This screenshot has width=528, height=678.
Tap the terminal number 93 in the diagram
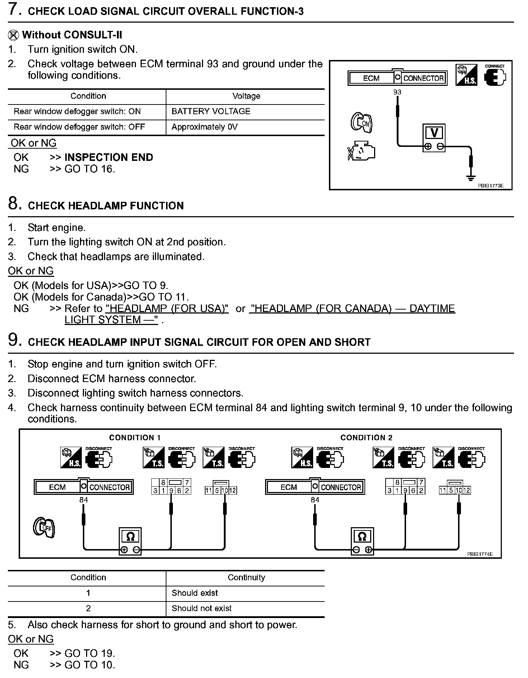pos(397,92)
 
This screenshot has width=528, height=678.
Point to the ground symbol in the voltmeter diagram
pos(471,177)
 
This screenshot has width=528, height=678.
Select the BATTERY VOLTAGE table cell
pos(211,111)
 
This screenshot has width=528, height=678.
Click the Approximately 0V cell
pos(204,127)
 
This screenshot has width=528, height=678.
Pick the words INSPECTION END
pos(109,157)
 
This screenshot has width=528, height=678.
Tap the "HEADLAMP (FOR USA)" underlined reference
pos(167,308)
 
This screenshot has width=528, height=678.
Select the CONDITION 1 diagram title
pos(135,437)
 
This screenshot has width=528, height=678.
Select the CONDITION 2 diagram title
pos(366,437)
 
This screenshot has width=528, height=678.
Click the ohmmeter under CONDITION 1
pos(131,541)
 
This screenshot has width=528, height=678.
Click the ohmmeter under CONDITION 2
pos(362,541)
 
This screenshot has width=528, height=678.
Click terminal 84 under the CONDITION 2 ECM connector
pos(315,500)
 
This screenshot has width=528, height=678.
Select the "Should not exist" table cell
pos(202,608)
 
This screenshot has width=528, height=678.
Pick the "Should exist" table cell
pos(195,593)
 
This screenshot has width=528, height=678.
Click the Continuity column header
pos(246,577)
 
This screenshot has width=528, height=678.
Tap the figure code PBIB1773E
pos(490,186)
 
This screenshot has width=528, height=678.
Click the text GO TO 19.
pos(90,653)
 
